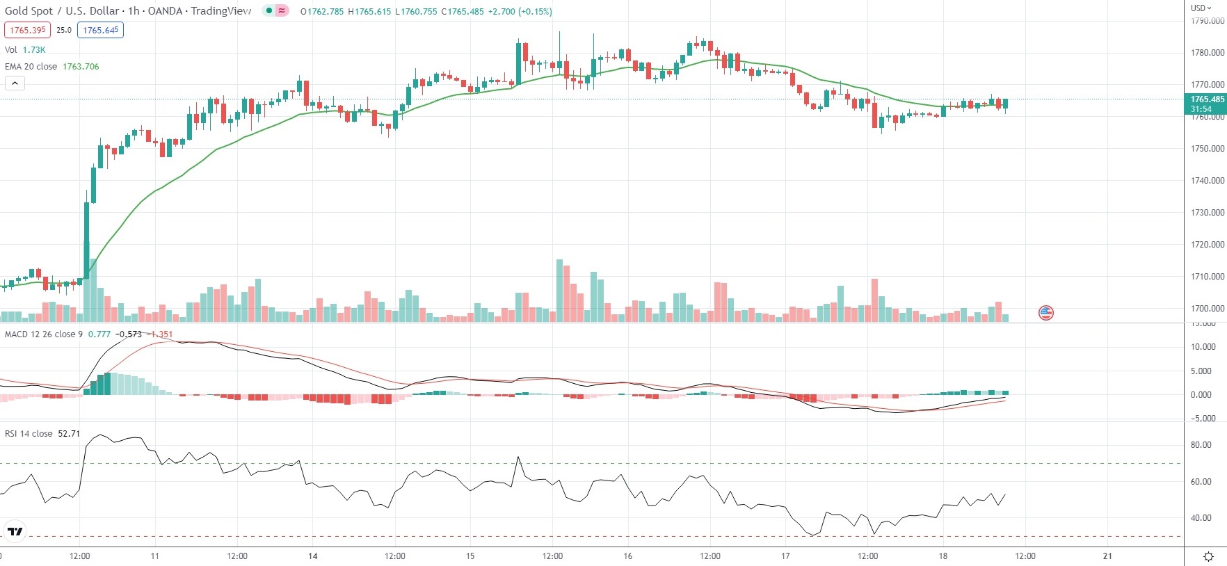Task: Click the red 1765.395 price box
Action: (x=28, y=30)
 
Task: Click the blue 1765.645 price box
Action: (x=101, y=30)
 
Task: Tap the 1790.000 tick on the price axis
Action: (x=1207, y=21)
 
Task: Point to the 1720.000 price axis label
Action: (x=1207, y=245)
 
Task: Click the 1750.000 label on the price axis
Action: (x=1207, y=149)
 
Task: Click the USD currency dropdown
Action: (x=1201, y=8)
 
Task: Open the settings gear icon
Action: (x=1208, y=556)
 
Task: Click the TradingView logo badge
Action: (x=15, y=532)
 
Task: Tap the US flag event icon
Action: (x=1046, y=313)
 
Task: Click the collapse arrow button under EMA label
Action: (x=15, y=83)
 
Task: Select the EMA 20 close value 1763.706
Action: (x=81, y=67)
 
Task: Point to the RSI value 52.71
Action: (x=69, y=434)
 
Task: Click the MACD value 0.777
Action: (x=99, y=334)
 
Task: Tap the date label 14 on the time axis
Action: (x=313, y=556)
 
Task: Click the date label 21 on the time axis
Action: (x=1107, y=556)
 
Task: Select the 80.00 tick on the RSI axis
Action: (x=1201, y=445)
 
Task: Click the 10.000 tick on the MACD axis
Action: (x=1203, y=347)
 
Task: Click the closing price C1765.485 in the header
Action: (x=462, y=12)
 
